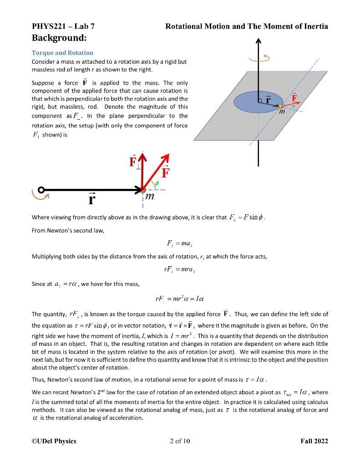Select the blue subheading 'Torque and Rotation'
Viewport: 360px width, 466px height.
[62, 53]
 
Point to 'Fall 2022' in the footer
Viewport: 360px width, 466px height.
[314, 441]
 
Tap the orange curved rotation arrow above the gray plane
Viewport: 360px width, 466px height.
[259, 58]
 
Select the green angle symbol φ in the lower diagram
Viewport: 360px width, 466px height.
[157, 184]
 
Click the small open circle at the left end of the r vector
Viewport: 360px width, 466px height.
[41, 190]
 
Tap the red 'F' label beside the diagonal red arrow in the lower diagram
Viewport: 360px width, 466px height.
[166, 172]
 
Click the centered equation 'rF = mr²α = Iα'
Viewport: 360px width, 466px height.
[180, 299]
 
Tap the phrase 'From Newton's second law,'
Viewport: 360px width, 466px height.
[68, 231]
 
